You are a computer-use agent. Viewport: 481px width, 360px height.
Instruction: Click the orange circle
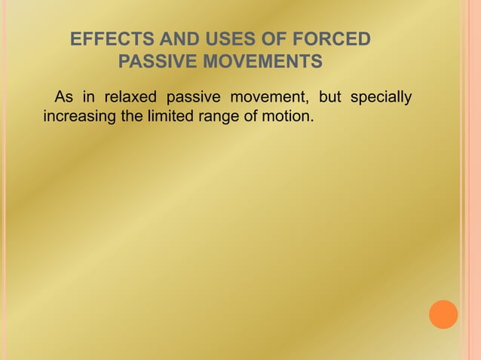[443, 314]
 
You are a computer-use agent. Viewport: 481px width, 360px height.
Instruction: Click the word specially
[384, 98]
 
